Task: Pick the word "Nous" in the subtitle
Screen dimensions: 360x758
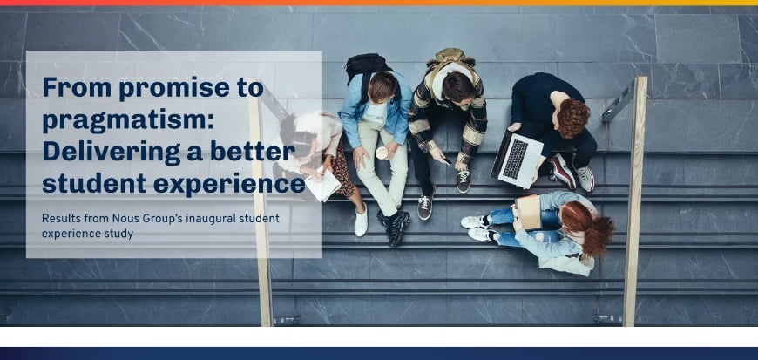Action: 139,218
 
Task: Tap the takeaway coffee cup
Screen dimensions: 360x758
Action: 382,153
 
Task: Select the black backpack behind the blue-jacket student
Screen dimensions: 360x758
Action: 368,65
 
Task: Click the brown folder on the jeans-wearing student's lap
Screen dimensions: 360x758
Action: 529,211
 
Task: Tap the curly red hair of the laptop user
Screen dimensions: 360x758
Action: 572,118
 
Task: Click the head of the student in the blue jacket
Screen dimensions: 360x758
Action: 382,85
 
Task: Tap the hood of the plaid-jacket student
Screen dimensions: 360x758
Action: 448,60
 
